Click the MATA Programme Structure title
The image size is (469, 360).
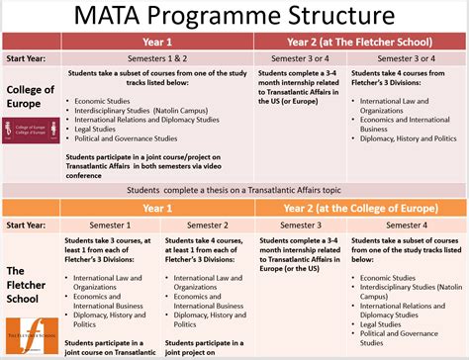coord(234,16)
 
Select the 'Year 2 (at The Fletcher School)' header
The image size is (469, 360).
coord(360,43)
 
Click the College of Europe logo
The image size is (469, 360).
coord(31,130)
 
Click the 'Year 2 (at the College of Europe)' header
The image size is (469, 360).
coord(360,209)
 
